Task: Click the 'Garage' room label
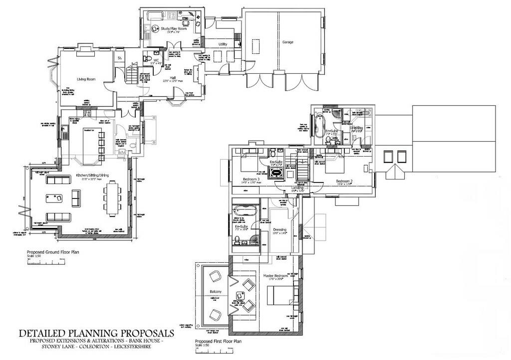click(287, 42)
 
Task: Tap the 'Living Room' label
click(86, 79)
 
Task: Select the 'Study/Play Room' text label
click(174, 29)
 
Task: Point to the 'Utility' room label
click(223, 44)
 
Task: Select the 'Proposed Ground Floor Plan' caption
click(52, 252)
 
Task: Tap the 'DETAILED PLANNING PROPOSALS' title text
click(96, 333)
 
